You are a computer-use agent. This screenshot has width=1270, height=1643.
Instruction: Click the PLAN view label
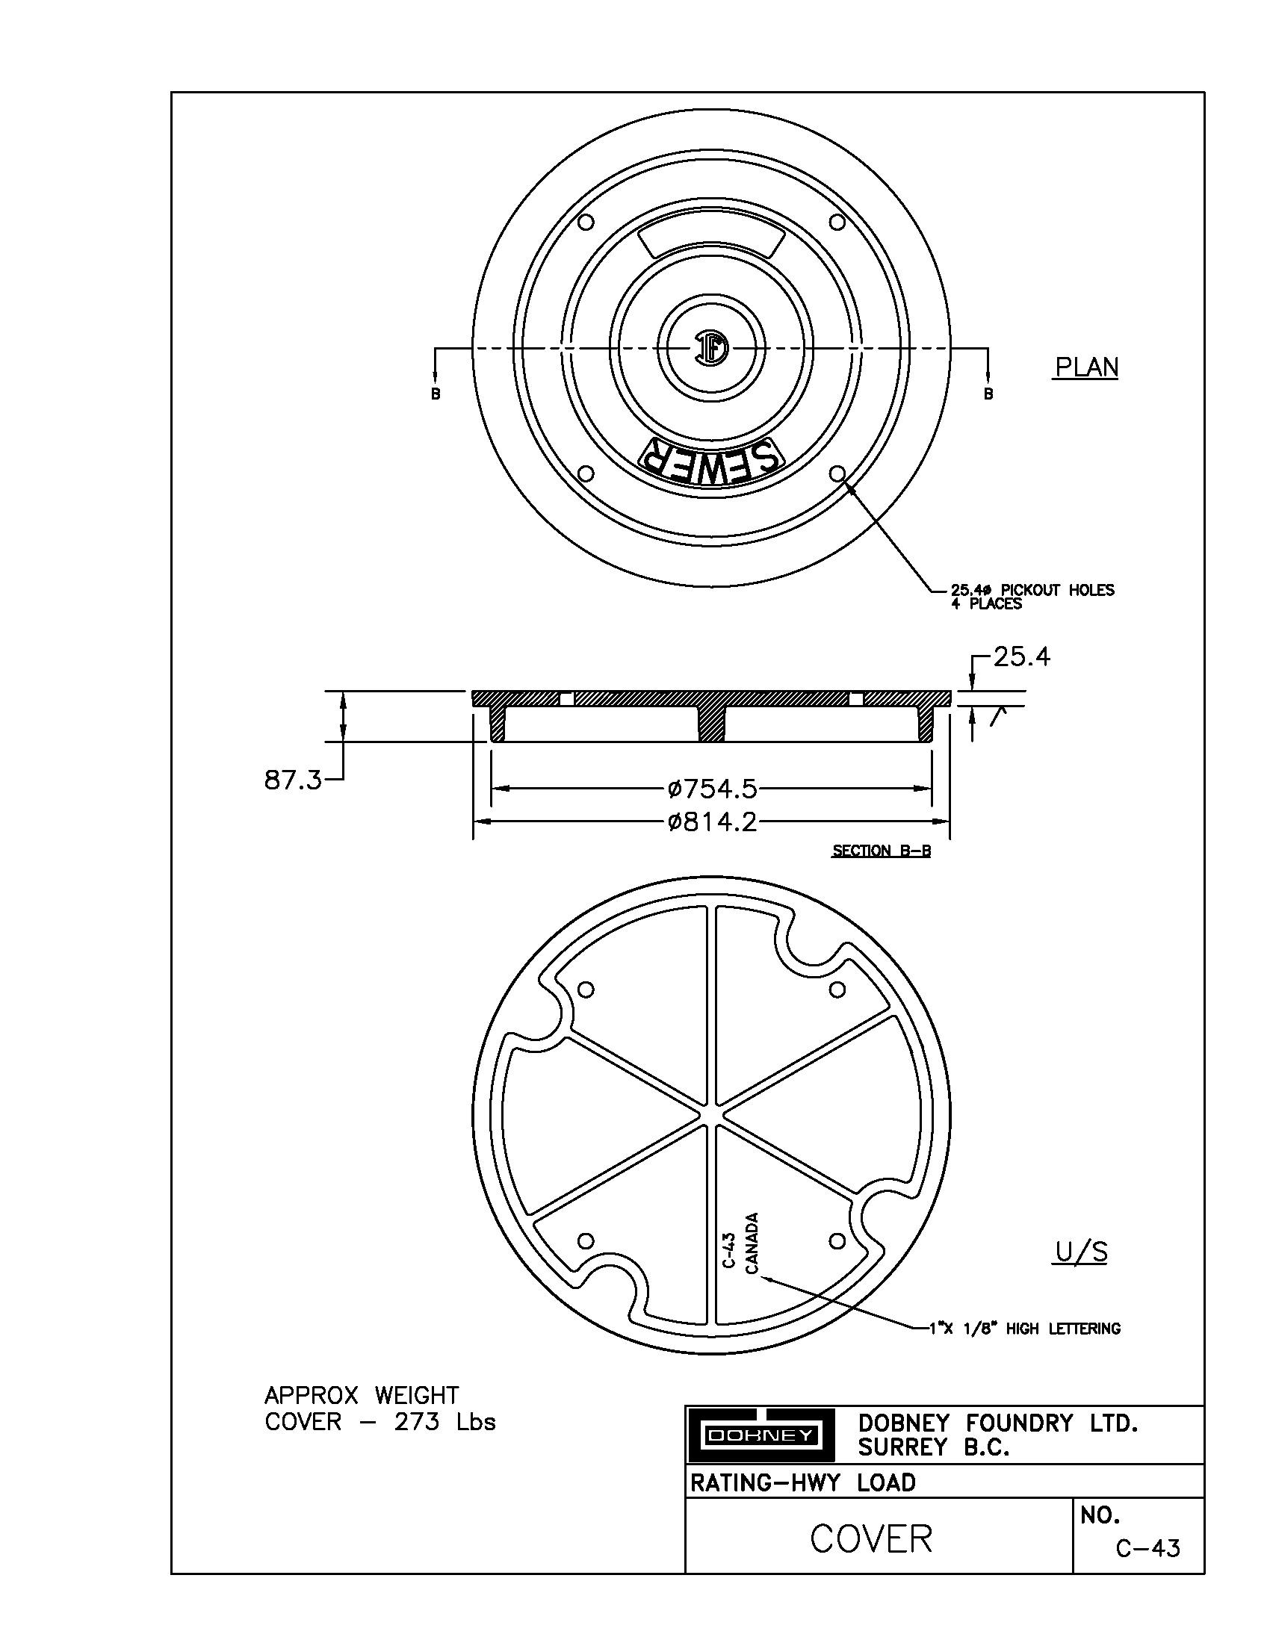tap(1085, 367)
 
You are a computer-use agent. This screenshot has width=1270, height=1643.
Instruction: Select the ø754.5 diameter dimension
tap(712, 789)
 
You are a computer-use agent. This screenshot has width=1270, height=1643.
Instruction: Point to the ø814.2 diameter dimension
tap(712, 821)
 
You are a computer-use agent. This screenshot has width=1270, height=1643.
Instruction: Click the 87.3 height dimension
tap(292, 780)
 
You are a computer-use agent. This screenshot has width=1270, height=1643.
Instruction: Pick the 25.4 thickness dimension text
tap(1021, 657)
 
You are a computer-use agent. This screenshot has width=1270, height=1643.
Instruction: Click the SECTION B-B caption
tap(881, 851)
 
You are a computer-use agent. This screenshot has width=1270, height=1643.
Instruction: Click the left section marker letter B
tap(436, 394)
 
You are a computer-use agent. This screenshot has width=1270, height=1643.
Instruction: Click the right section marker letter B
tap(988, 394)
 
